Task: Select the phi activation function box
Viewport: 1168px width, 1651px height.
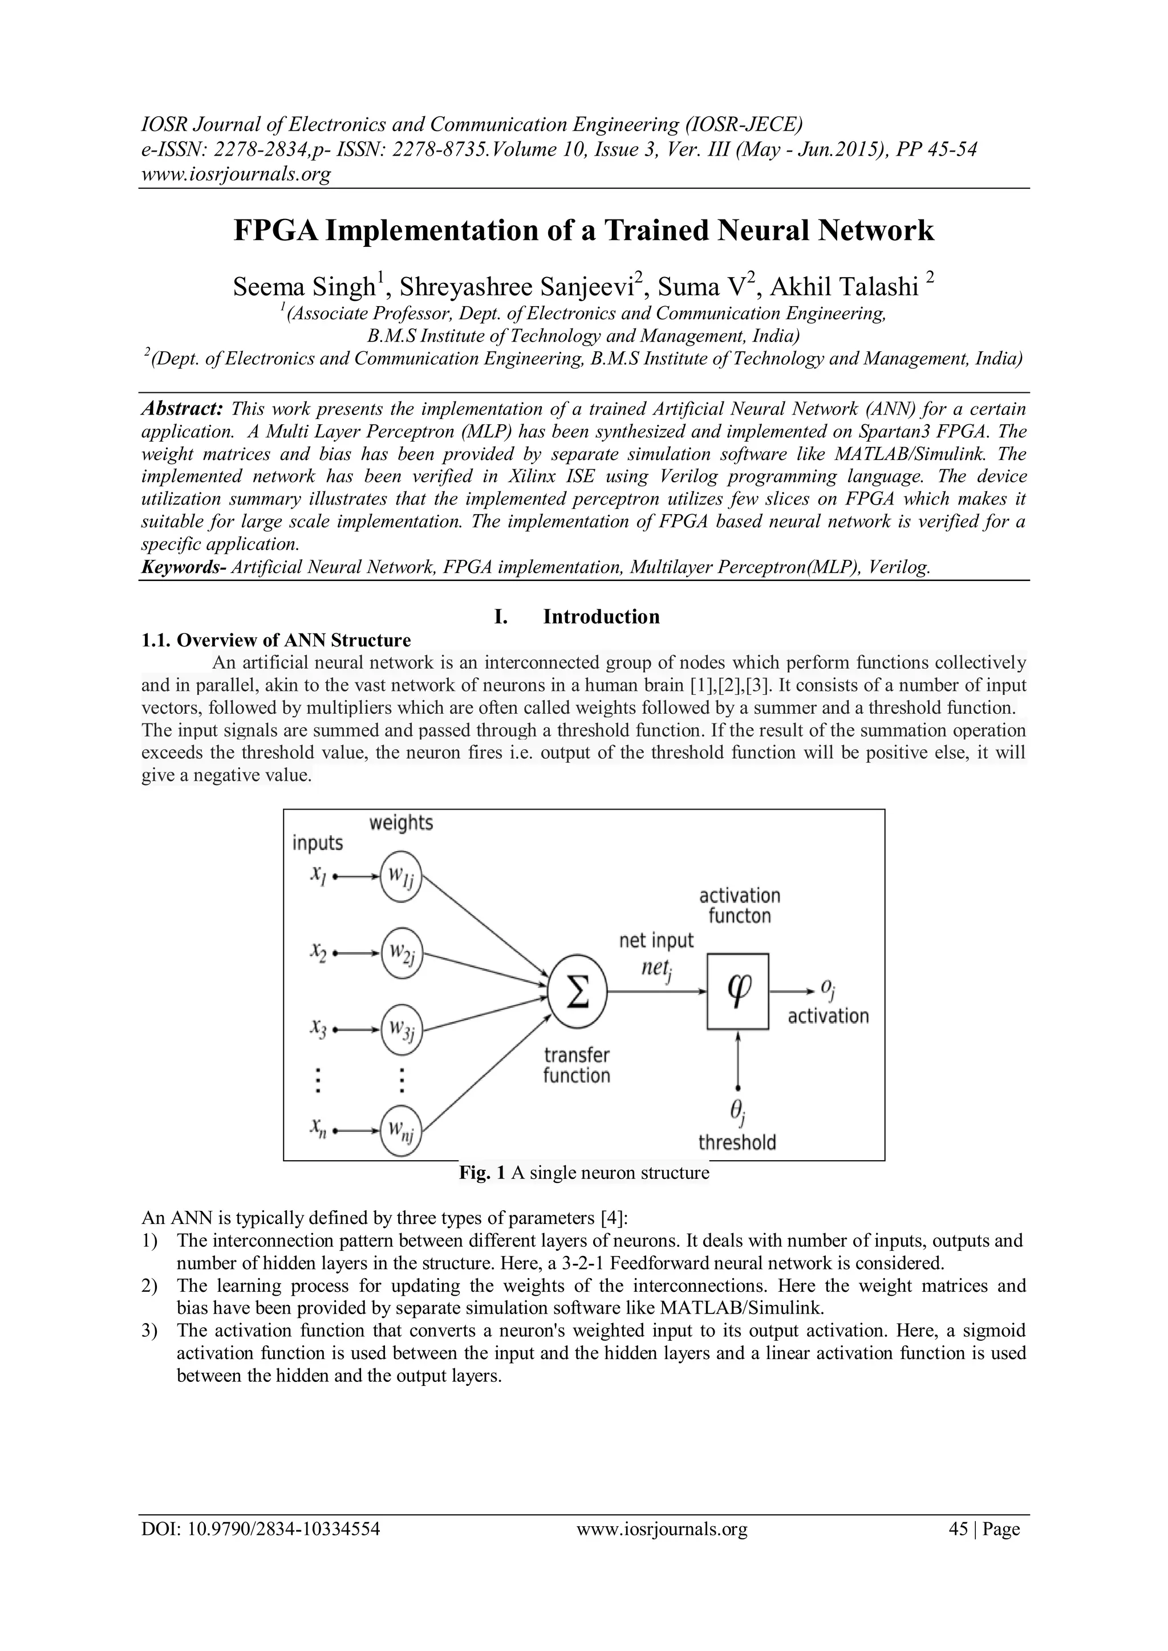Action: [x=738, y=991]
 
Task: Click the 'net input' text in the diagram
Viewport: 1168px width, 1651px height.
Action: [x=656, y=941]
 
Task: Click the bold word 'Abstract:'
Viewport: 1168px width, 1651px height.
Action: [x=182, y=409]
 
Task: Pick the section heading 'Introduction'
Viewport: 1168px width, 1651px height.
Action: [x=601, y=617]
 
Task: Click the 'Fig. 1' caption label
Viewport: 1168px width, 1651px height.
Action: [x=482, y=1173]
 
